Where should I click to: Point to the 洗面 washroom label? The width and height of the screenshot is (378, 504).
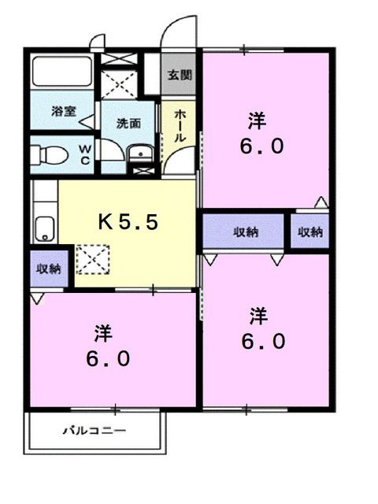128,123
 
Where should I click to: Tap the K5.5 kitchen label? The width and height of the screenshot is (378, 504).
128,222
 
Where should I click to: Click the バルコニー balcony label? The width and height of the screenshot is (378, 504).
94,432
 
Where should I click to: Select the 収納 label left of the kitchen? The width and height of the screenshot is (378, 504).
48,269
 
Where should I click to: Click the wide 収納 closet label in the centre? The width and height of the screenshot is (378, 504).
246,232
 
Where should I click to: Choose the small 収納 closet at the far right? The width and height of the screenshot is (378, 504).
310,232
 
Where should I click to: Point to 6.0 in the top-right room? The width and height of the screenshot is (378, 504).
262,147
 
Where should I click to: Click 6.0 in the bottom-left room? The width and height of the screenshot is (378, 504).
108,359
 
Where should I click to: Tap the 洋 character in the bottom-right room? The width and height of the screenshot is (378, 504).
258,316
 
